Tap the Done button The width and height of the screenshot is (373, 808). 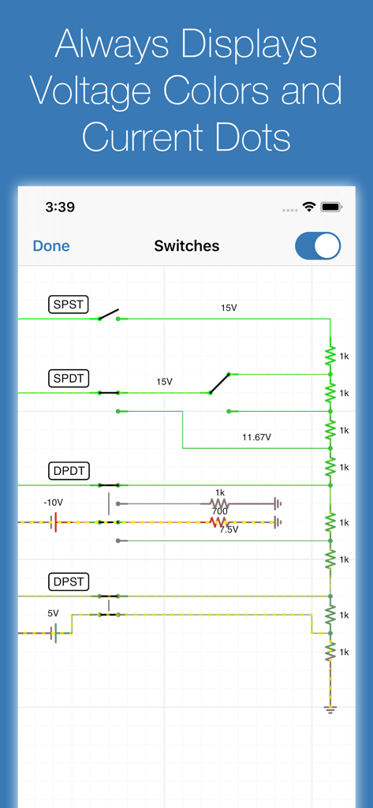point(51,246)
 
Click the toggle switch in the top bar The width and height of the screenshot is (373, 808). point(318,246)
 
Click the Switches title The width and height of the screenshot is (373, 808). point(186,246)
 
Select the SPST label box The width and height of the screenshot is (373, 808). point(69,304)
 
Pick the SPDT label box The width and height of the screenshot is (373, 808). point(69,378)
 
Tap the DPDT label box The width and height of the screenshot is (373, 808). point(69,471)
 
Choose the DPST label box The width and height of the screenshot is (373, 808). point(69,582)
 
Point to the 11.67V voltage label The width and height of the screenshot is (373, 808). point(256,437)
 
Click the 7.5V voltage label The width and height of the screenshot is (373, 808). point(229,530)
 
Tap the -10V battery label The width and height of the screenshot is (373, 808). point(53,503)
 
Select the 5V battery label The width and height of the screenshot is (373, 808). point(53,613)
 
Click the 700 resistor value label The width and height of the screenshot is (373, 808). point(218,512)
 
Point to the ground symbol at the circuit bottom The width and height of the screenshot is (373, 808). point(330,709)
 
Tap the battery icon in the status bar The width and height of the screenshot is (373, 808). point(331,207)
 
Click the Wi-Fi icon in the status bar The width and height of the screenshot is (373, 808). point(308,207)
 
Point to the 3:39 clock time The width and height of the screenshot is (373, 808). point(60,208)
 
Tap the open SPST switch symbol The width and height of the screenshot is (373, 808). point(109,315)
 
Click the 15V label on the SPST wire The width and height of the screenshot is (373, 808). point(229,308)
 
